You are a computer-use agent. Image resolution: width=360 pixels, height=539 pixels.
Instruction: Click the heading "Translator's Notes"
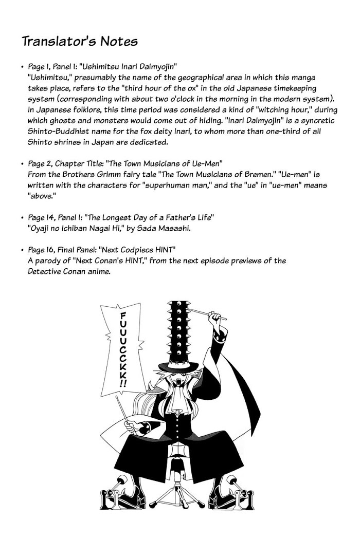click(79, 41)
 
